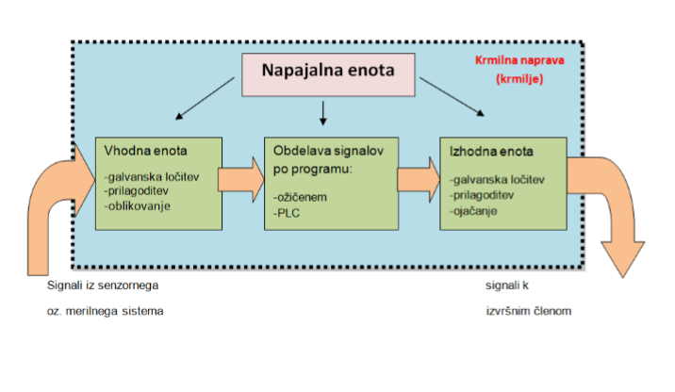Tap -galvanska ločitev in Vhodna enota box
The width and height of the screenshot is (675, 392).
point(153,175)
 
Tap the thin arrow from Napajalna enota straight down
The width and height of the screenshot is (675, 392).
point(323,114)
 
